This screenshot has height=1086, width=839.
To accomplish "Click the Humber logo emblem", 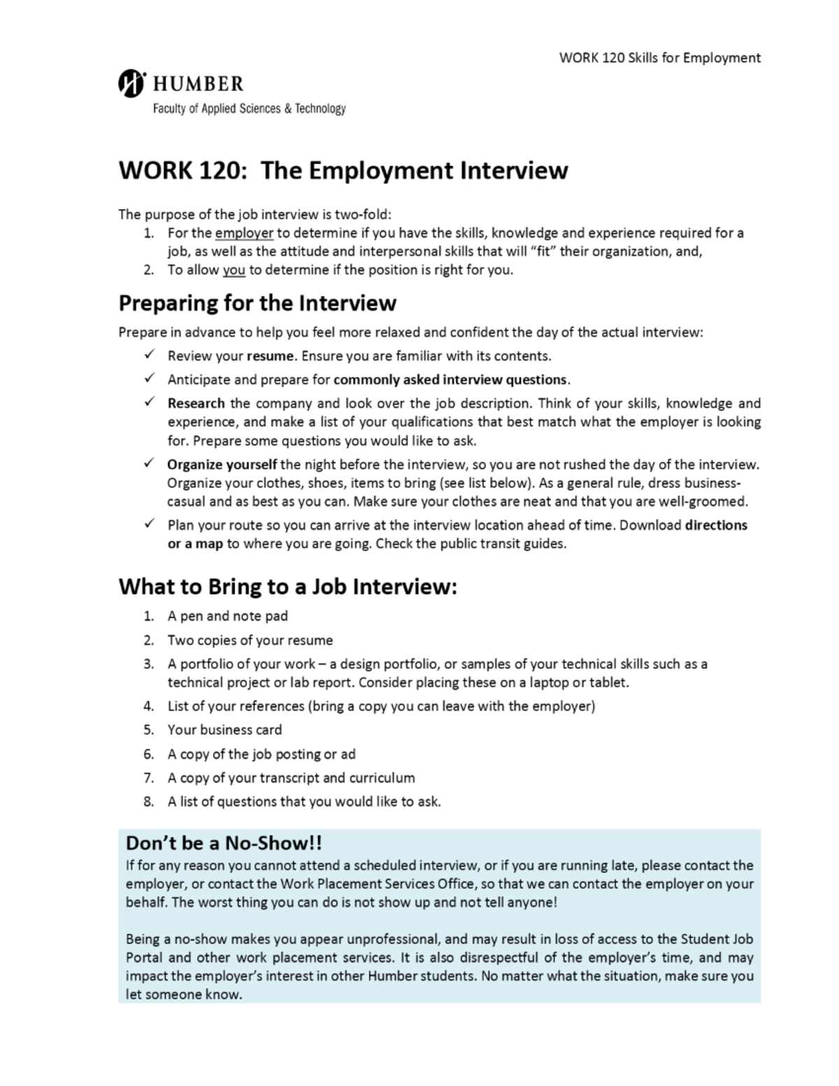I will pyautogui.click(x=131, y=83).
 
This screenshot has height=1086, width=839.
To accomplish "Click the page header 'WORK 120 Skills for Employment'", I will pyautogui.click(x=659, y=58).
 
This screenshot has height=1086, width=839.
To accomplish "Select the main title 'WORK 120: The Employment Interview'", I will pyautogui.click(x=343, y=171).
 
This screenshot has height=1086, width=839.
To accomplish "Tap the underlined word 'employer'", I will pyautogui.click(x=244, y=233).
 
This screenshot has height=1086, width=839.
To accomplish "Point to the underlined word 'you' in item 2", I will pyautogui.click(x=234, y=270).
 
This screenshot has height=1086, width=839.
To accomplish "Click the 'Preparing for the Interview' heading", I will pyautogui.click(x=257, y=303).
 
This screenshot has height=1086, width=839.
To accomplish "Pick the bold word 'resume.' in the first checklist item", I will pyautogui.click(x=271, y=356).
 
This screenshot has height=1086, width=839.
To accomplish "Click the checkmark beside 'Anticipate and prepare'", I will pyautogui.click(x=150, y=378).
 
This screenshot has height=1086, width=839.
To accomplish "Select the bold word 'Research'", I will pyautogui.click(x=196, y=403).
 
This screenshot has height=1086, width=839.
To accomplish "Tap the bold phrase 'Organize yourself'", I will pyautogui.click(x=222, y=464).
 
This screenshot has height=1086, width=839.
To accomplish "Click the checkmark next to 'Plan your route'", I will pyautogui.click(x=150, y=524).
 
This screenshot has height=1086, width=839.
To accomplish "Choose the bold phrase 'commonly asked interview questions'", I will pyautogui.click(x=450, y=380).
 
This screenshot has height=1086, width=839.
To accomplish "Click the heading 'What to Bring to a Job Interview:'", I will pyautogui.click(x=287, y=586).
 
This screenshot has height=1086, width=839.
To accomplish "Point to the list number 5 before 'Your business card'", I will pyautogui.click(x=148, y=730).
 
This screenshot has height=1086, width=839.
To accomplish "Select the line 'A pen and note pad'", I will pyautogui.click(x=227, y=616).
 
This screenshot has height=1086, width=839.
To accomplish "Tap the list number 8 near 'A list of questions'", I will pyautogui.click(x=148, y=802).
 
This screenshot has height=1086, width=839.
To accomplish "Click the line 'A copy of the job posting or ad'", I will pyautogui.click(x=261, y=754).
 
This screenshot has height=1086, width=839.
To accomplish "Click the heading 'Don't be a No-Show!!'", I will pyautogui.click(x=224, y=843).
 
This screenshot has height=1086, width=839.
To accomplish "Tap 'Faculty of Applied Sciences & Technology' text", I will pyautogui.click(x=249, y=108).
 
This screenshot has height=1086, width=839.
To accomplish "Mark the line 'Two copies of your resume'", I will pyautogui.click(x=250, y=641).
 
